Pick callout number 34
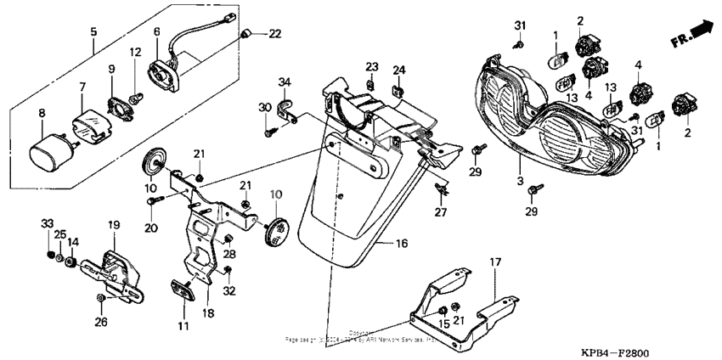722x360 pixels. pos(285,82)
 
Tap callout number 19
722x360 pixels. pos(113,224)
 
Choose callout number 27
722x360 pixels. pos(440,211)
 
